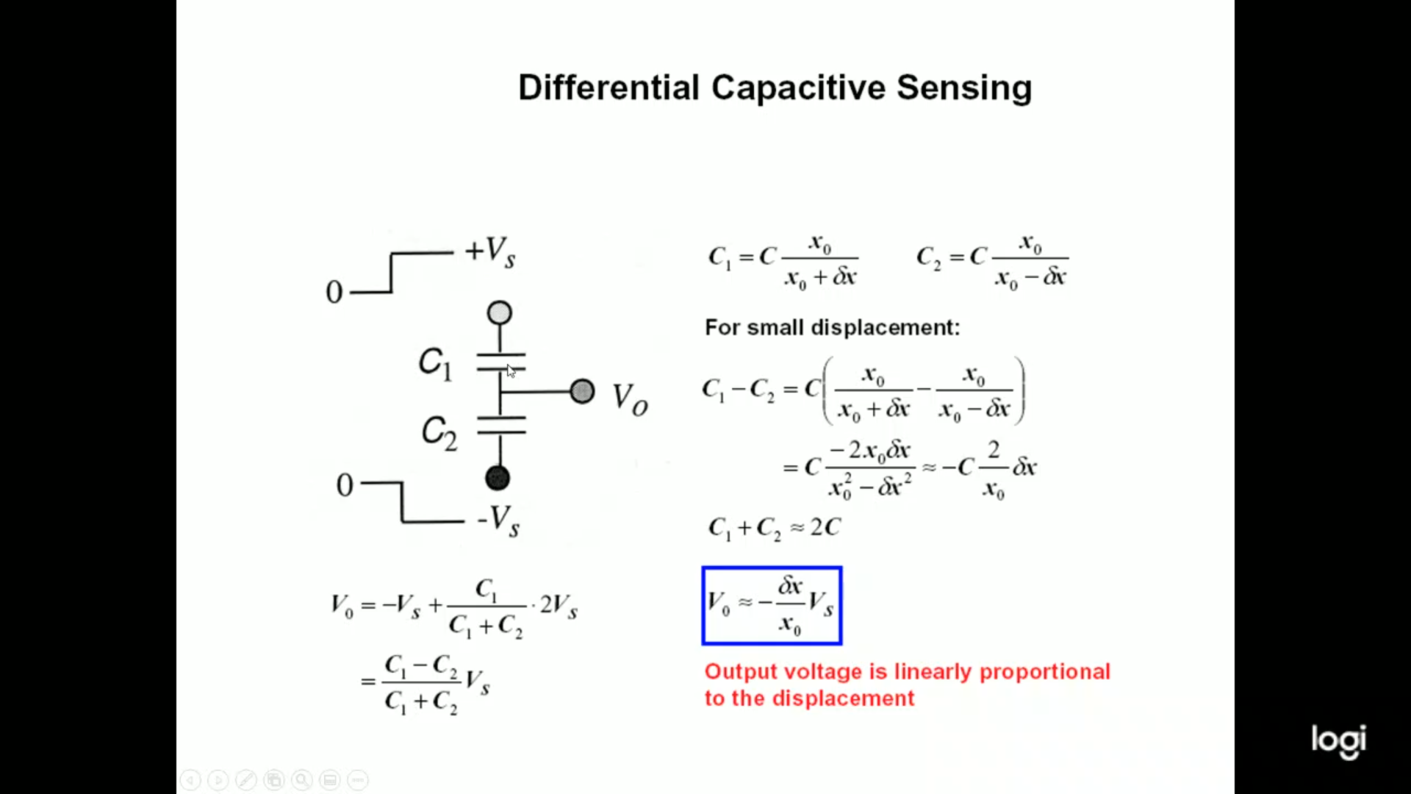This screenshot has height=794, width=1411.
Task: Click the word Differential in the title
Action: click(608, 88)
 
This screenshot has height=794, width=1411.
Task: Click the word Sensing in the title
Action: click(964, 88)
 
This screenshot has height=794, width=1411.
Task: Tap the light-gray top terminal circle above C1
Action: click(500, 313)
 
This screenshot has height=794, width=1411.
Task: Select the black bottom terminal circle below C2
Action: click(498, 479)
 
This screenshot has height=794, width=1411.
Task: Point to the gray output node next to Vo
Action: click(582, 391)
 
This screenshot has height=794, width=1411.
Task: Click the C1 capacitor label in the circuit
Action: click(435, 363)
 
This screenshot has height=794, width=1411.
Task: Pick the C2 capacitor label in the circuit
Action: click(439, 432)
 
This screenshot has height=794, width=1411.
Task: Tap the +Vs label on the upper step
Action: click(490, 251)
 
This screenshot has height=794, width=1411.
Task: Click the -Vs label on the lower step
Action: click(498, 521)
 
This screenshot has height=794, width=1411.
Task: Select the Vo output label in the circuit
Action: click(630, 399)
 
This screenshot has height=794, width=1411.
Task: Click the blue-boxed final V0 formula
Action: click(772, 606)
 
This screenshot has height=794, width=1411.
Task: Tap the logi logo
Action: click(1338, 740)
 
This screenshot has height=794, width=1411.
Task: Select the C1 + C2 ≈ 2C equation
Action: click(774, 528)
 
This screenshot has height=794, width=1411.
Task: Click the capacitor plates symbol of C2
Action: click(501, 425)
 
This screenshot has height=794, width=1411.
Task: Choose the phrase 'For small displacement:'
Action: click(832, 327)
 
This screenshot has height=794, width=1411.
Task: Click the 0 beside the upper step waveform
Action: click(334, 293)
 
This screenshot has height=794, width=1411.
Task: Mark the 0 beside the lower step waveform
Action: click(345, 485)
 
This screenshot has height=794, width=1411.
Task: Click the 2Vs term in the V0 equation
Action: click(559, 606)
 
